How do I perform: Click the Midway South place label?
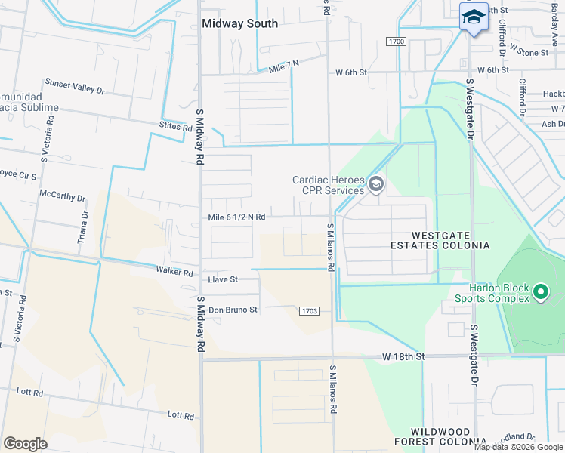tap(239, 23)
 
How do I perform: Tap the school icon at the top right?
tap(473, 17)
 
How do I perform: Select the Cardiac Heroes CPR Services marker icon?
tap(376, 184)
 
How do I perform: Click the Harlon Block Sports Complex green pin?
tap(540, 291)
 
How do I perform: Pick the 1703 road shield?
tap(308, 310)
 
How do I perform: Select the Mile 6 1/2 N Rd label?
tap(236, 217)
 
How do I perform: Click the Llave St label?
tap(223, 279)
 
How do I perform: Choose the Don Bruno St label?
tap(233, 310)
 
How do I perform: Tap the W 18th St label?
tap(403, 356)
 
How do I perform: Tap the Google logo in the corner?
tap(25, 444)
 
